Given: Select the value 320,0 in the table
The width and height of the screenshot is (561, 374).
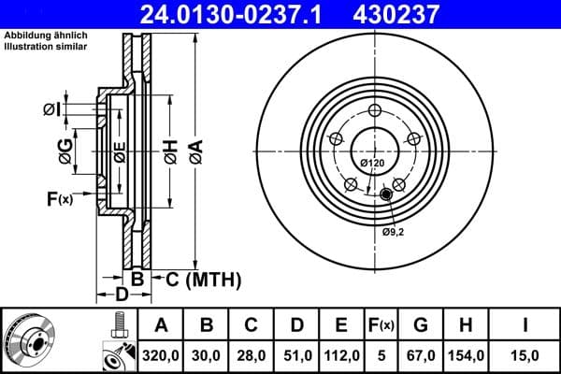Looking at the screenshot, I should click(x=161, y=352).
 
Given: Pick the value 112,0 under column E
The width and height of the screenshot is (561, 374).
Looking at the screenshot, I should click(x=341, y=352).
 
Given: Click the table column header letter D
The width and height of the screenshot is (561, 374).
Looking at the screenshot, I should click(x=296, y=325).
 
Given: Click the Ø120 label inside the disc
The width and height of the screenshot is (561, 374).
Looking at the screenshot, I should click(x=372, y=164).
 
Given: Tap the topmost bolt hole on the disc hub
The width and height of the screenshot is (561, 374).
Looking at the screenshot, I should click(x=372, y=110).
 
